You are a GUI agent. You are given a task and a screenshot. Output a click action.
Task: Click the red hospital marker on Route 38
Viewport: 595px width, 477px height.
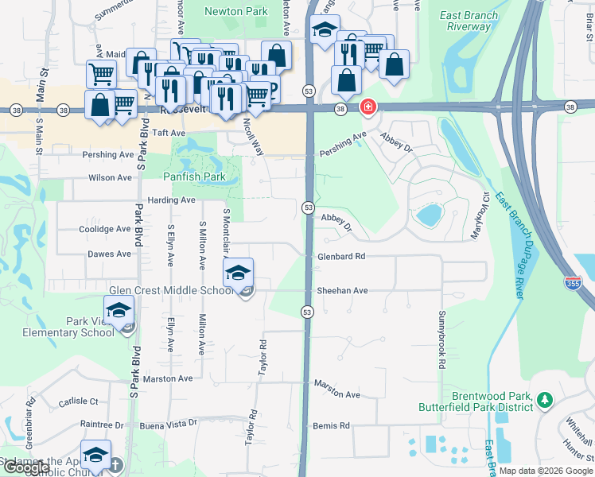click(x=367, y=107)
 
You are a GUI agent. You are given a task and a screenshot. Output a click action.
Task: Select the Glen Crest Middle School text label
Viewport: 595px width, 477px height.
click(x=172, y=291)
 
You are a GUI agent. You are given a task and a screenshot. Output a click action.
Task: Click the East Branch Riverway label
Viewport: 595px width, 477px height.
click(x=469, y=21)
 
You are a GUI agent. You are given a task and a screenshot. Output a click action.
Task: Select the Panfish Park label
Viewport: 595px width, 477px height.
click(x=190, y=176)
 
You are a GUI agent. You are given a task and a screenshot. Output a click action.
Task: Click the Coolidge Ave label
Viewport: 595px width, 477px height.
click(x=104, y=229)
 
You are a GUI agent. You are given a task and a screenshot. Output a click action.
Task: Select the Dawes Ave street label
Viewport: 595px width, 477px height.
click(x=110, y=254)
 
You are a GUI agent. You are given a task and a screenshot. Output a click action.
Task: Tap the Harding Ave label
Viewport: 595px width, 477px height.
click(x=170, y=200)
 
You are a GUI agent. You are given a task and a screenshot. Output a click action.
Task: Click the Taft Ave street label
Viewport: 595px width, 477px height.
click(x=168, y=134)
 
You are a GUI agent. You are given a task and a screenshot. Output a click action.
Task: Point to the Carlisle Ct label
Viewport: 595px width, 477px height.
click(x=78, y=402)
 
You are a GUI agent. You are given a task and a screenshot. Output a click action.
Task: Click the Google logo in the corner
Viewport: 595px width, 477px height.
click(x=26, y=467)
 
